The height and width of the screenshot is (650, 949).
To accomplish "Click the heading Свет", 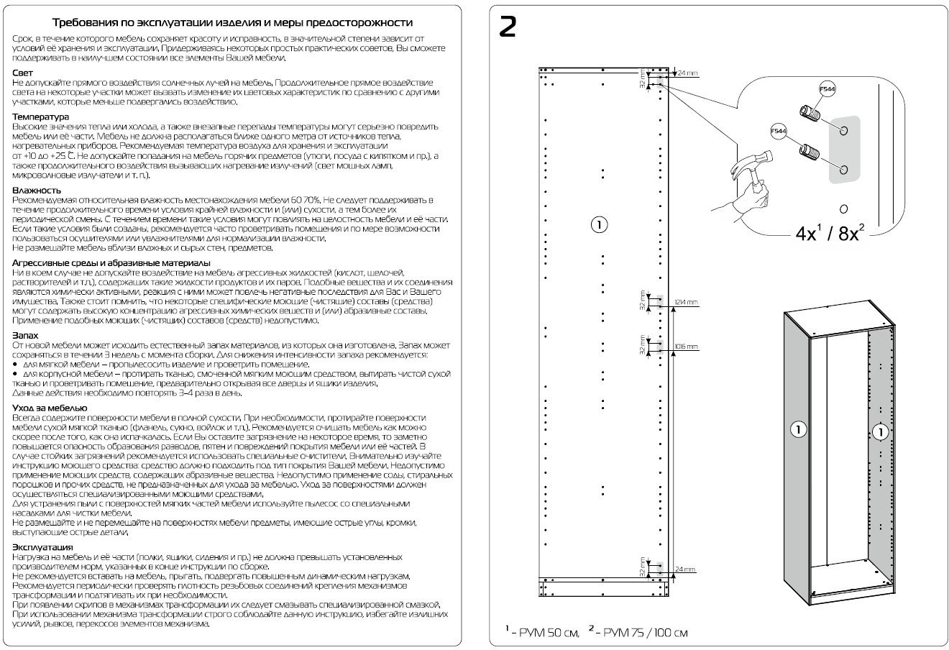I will (x=22, y=73).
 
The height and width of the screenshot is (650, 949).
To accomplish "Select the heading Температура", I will (x=40, y=116).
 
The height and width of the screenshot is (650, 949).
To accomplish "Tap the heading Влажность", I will (x=37, y=190).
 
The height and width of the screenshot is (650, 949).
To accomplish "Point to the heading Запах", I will (x=25, y=335).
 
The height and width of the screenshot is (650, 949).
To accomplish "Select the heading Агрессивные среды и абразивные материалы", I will (x=111, y=263).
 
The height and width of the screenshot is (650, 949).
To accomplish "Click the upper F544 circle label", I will (x=827, y=89).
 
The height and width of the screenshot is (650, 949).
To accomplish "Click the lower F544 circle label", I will (x=778, y=132).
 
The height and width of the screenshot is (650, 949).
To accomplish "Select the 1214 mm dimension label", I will (x=687, y=303).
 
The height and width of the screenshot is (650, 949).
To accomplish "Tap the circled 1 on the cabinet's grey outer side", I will (x=797, y=430).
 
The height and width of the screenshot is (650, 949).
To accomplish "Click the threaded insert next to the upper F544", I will (x=808, y=114).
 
